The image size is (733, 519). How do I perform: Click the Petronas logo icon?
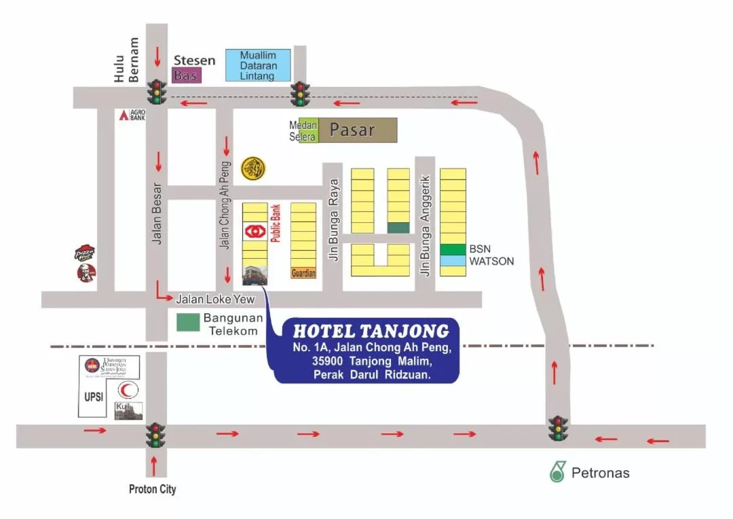click(558, 471)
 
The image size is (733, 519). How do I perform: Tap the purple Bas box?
click(186, 75)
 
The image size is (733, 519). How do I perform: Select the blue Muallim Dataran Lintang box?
click(259, 66)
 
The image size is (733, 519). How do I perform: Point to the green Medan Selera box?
click(303, 131)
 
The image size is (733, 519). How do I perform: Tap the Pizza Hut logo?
click(85, 254)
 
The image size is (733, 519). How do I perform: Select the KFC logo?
click(86, 273)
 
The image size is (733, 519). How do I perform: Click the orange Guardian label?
click(303, 273)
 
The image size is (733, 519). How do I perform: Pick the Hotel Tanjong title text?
click(371, 332)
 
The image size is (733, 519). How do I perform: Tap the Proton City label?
click(153, 489)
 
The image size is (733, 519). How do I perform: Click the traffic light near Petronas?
click(559, 429)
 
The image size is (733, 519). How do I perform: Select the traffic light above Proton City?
click(156, 435)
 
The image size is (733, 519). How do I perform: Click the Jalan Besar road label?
click(157, 214)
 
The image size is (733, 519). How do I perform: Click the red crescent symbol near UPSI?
click(128, 391)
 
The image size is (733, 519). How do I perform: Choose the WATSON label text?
click(491, 261)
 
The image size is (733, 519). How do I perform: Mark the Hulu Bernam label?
click(126, 60)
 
